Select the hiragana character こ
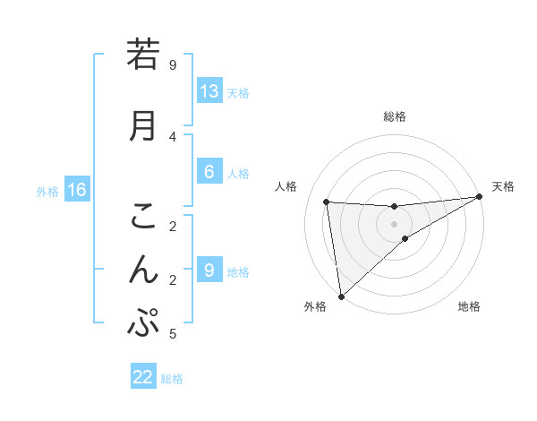click(142, 216)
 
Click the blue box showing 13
click(209, 91)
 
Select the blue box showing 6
click(209, 172)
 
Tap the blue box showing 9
click(209, 271)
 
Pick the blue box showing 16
click(76, 190)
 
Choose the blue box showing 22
click(143, 377)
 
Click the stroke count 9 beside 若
click(173, 65)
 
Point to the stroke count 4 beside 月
click(173, 136)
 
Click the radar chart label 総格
click(395, 116)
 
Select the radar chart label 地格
click(469, 307)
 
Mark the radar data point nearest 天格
click(480, 197)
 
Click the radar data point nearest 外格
click(340, 296)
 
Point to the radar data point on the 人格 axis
click(327, 202)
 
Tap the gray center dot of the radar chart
click(395, 223)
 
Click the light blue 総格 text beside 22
click(172, 379)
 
